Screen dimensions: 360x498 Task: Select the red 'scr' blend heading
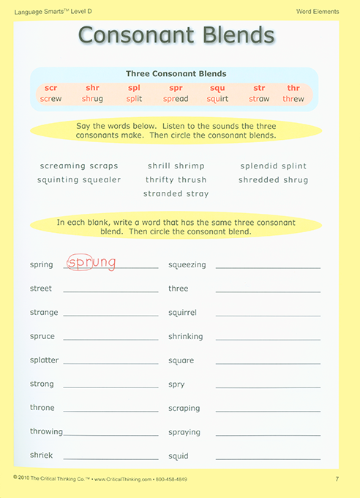click(x=50, y=88)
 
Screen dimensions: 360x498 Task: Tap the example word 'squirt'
click(x=217, y=99)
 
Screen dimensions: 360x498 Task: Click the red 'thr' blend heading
click(x=293, y=88)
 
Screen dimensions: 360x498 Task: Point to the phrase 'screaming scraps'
click(x=79, y=166)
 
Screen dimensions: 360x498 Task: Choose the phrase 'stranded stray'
click(x=176, y=194)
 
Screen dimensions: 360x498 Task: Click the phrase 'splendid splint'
click(x=273, y=166)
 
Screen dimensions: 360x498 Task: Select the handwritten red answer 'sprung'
click(x=91, y=261)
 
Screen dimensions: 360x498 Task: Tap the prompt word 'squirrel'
click(x=182, y=313)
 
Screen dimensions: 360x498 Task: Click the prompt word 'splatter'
click(x=44, y=360)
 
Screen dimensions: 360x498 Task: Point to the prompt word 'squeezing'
click(x=187, y=264)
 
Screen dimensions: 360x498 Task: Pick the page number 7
click(x=337, y=479)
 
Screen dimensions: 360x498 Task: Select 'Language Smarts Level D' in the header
click(x=45, y=12)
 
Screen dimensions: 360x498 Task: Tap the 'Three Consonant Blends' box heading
click(x=176, y=74)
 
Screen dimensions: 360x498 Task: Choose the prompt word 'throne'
click(x=42, y=408)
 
